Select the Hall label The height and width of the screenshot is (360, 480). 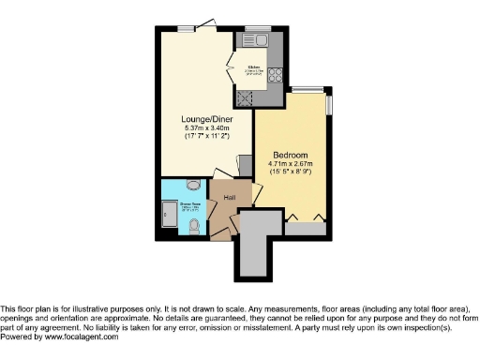point(229,198)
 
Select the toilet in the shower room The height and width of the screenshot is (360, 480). point(192,225)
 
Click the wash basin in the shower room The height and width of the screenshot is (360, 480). point(193,185)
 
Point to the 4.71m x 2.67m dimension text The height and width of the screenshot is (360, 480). point(290,163)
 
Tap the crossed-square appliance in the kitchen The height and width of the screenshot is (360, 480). point(248,97)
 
